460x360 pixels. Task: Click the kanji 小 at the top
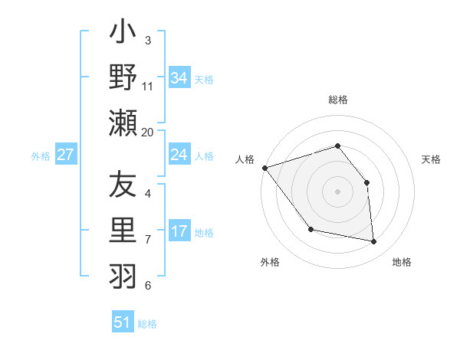(123, 35)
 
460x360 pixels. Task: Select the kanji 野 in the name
(123, 77)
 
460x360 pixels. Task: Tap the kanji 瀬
(123, 123)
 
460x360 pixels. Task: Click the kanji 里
(123, 229)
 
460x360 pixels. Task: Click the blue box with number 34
(179, 78)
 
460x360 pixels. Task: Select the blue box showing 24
(179, 155)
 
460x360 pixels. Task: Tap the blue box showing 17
(179, 231)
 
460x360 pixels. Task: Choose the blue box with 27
(66, 155)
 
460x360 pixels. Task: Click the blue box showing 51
(123, 322)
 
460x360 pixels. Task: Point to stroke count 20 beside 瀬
(148, 132)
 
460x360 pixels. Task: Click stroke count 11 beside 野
(149, 86)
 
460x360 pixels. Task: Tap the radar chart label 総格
(338, 100)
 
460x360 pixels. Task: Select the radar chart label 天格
(431, 159)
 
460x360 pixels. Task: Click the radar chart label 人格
(245, 159)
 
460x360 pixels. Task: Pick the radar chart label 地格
(402, 262)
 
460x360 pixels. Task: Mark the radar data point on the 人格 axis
(264, 168)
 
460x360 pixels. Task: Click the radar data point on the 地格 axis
(374, 242)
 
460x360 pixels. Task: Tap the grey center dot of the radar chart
(337, 191)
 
